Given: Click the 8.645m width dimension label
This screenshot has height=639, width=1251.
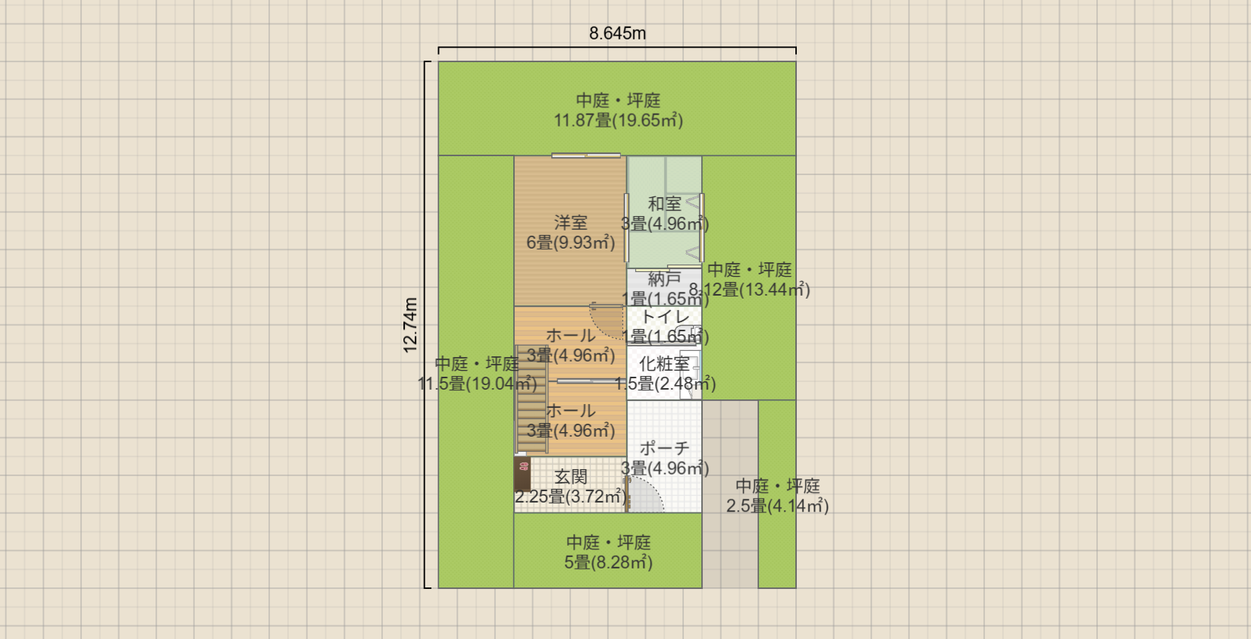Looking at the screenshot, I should [x=617, y=33].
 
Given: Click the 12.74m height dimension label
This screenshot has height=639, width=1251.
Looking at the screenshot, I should [x=410, y=325].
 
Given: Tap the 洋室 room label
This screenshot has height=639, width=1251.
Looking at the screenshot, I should [x=570, y=223].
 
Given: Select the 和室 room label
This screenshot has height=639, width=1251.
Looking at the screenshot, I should [x=664, y=204].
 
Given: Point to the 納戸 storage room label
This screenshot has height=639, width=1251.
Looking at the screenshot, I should [x=664, y=279].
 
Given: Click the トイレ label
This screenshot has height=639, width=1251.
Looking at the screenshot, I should [x=665, y=317].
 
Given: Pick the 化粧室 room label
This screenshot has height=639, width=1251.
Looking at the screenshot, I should [x=664, y=364].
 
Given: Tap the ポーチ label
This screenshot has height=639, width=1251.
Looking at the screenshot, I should [x=664, y=449].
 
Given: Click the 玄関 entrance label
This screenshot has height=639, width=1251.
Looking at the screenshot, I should [x=570, y=477].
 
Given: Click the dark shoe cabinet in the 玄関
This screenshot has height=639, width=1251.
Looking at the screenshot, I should [x=522, y=474].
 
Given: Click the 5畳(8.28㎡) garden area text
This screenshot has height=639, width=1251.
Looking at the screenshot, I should [x=608, y=562].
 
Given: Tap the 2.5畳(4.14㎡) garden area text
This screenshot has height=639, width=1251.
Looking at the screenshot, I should [x=777, y=506].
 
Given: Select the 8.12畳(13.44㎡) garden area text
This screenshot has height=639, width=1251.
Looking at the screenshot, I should [x=749, y=290].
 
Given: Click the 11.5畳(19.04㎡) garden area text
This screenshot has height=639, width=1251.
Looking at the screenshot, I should [x=477, y=384].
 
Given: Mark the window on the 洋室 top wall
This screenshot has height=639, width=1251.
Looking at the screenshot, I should [x=586, y=156].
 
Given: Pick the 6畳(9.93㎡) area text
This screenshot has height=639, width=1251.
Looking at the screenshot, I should [x=570, y=243].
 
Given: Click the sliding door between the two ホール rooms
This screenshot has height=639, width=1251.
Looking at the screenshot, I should [x=585, y=381].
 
